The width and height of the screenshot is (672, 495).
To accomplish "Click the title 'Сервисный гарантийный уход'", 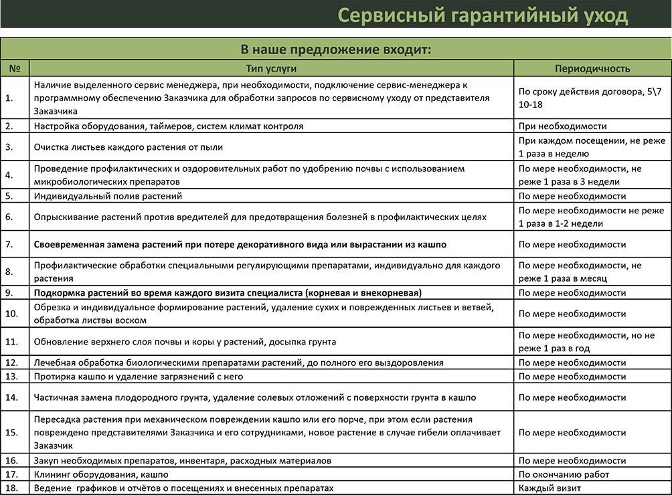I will click(482, 15).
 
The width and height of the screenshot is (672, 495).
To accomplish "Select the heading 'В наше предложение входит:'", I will click(335, 50).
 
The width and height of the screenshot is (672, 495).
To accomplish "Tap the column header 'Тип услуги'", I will click(271, 68).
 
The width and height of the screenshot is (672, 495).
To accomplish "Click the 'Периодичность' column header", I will click(592, 68).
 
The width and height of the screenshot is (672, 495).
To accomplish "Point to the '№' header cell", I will click(15, 68).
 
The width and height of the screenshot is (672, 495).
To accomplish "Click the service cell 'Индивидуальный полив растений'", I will click(108, 196).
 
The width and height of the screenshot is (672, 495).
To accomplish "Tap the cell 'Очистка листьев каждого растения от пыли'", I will click(128, 146).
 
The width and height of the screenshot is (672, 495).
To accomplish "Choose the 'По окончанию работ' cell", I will click(564, 474).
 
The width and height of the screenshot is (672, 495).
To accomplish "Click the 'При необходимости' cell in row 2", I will click(562, 126).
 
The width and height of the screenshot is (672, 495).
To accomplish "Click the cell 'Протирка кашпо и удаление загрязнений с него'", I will click(138, 377).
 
